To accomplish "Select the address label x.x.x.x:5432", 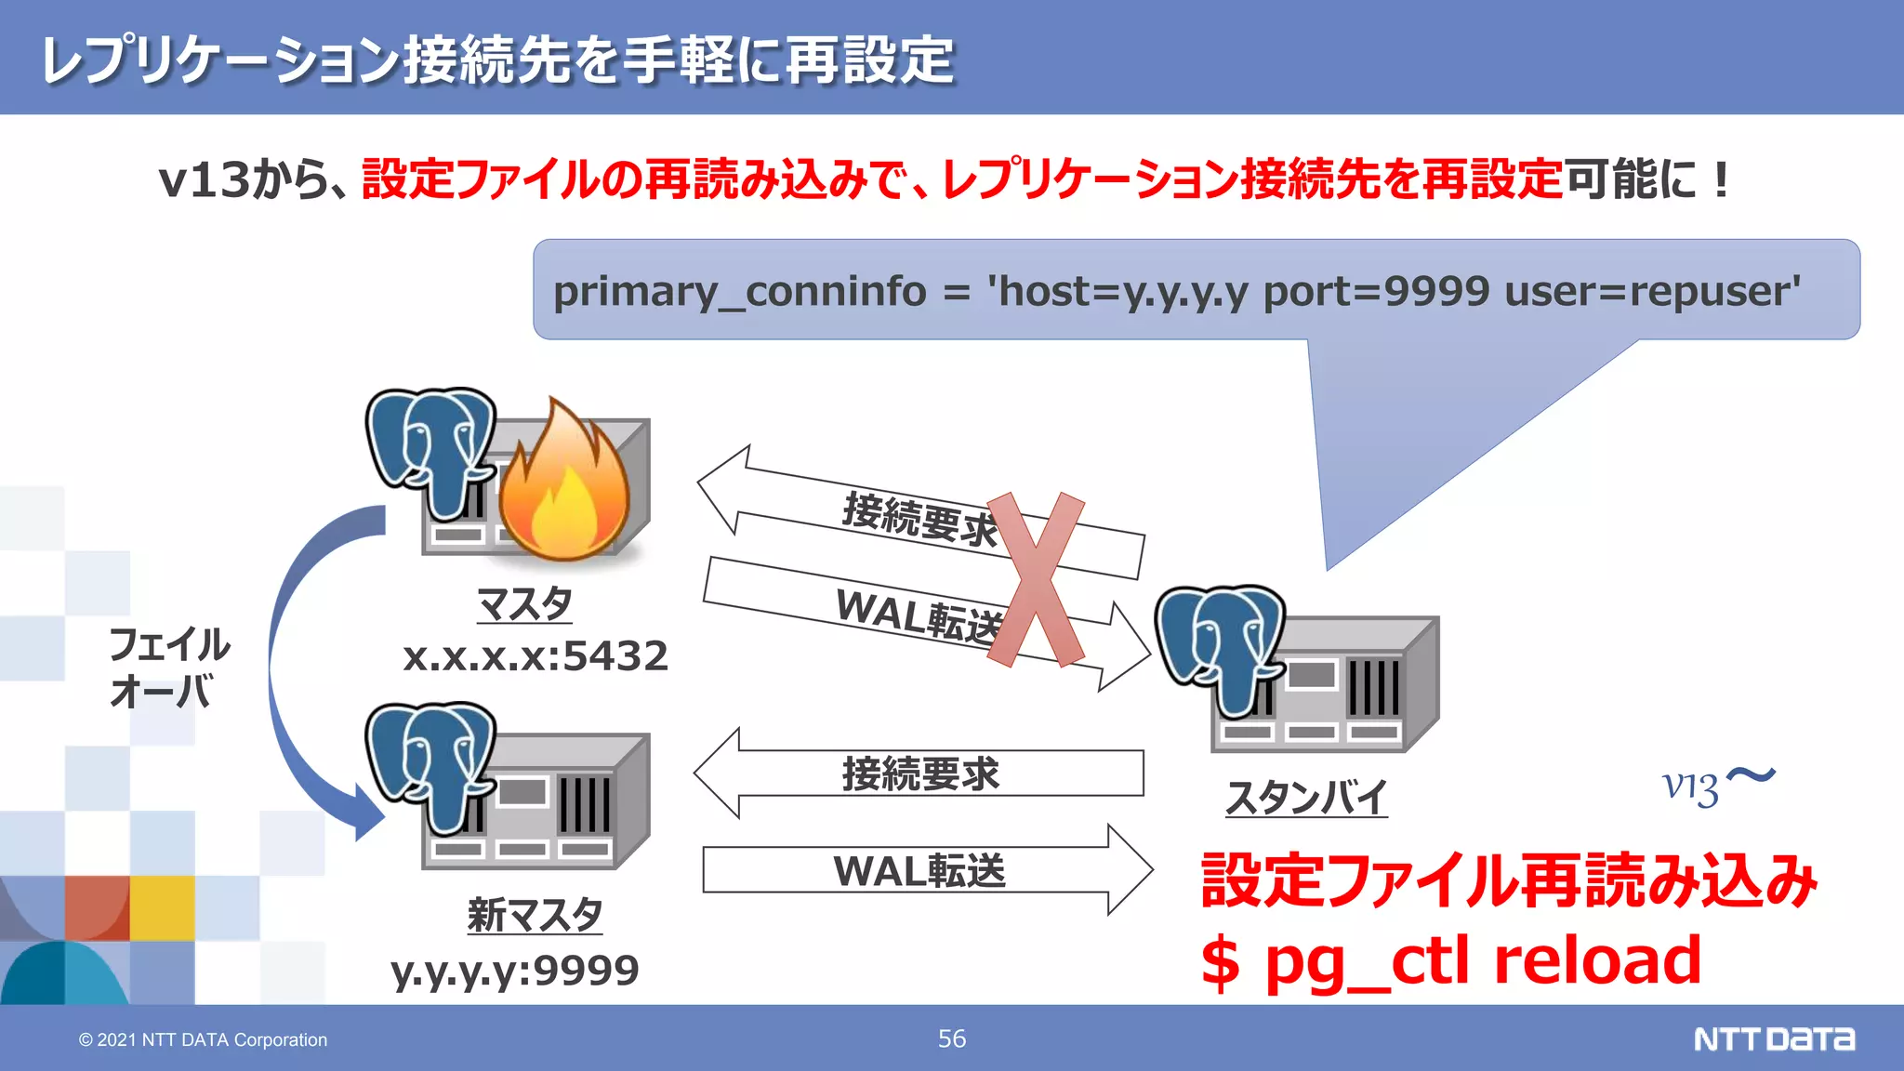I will [535, 656].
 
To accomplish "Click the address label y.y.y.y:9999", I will [514, 971].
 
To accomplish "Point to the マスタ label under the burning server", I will [524, 604].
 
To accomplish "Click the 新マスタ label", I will [535, 915].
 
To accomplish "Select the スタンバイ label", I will [1306, 798].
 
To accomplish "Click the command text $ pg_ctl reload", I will [1450, 961].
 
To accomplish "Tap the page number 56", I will [951, 1038].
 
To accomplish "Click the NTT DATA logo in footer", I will [1774, 1038].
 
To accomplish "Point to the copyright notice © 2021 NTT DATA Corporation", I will [203, 1039].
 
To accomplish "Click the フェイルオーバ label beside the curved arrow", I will [168, 668].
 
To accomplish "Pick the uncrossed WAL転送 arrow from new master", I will [920, 871].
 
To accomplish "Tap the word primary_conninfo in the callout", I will [739, 291].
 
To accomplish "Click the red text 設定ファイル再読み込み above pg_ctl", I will [1508, 879].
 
